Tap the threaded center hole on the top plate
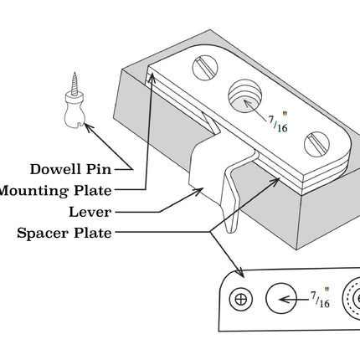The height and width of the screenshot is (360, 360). click(244, 99)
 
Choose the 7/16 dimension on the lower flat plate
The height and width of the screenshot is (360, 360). click(320, 297)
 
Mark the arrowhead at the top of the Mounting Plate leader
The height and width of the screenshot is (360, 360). click(152, 77)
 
